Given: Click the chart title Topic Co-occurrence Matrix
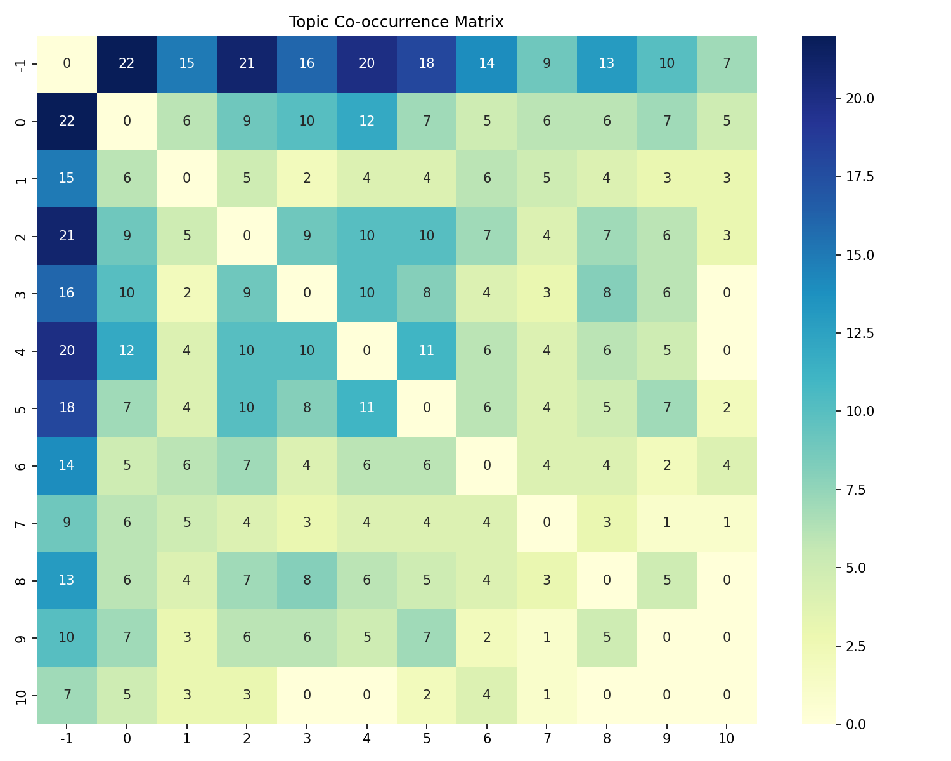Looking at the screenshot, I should [396, 22].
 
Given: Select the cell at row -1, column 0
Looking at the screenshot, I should [127, 64].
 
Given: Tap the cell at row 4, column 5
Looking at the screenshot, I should [427, 351].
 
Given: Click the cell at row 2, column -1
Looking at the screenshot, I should [67, 236].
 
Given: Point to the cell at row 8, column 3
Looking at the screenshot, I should [307, 580].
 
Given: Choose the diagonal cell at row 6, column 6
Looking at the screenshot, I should [487, 465].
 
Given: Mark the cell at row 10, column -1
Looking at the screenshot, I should [67, 695].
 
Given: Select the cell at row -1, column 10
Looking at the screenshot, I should [727, 64].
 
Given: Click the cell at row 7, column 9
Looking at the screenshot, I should [667, 523].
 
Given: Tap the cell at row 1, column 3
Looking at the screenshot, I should [307, 179].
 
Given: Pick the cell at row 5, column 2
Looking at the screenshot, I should [247, 408].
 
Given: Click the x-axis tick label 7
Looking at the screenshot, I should [547, 738].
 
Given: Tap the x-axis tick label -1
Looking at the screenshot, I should [67, 738].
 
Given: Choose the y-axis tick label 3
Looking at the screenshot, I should [21, 294].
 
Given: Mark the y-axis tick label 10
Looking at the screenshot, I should [21, 695].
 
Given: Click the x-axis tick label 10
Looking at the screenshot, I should [727, 738].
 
